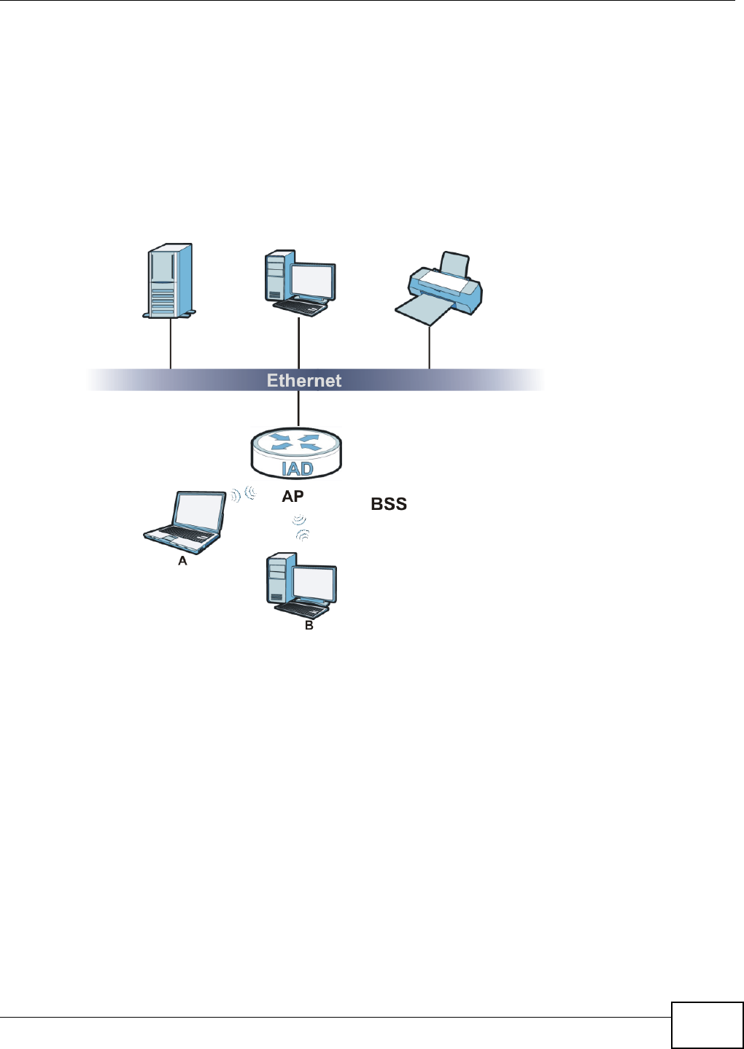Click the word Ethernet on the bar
coord(303,380)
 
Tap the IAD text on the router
coord(297,468)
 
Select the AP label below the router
coord(292,497)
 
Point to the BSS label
coord(389,504)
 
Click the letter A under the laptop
coord(182,561)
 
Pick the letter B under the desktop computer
coord(309,625)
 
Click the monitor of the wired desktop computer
coord(312,282)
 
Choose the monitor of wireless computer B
coord(314,584)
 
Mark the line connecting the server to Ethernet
coord(170,343)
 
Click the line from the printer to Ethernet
coord(429,348)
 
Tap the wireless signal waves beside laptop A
coord(243,496)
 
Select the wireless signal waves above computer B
coord(300,527)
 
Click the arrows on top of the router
coord(295,442)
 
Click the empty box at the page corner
coord(707,1026)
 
